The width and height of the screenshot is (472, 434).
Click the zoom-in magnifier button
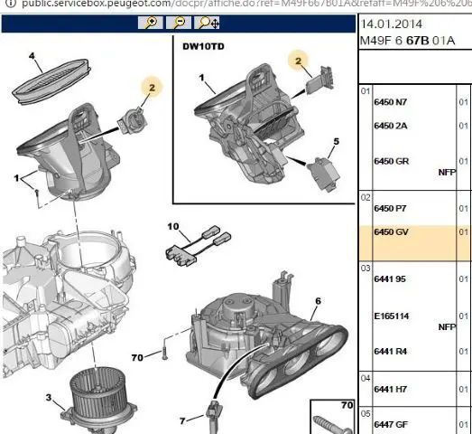click(x=151, y=23)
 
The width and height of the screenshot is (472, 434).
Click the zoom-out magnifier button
click(x=179, y=23)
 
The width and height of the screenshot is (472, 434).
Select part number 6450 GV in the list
click(x=391, y=232)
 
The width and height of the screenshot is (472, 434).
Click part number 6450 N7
click(x=391, y=102)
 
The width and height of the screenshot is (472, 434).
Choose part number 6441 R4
click(x=391, y=352)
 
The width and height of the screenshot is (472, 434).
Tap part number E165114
click(x=392, y=316)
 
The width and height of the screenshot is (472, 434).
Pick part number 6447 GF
click(x=391, y=425)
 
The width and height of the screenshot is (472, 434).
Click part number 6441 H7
click(x=391, y=390)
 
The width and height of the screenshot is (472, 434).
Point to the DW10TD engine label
click(x=203, y=47)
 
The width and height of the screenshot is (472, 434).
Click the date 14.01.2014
click(x=392, y=24)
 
